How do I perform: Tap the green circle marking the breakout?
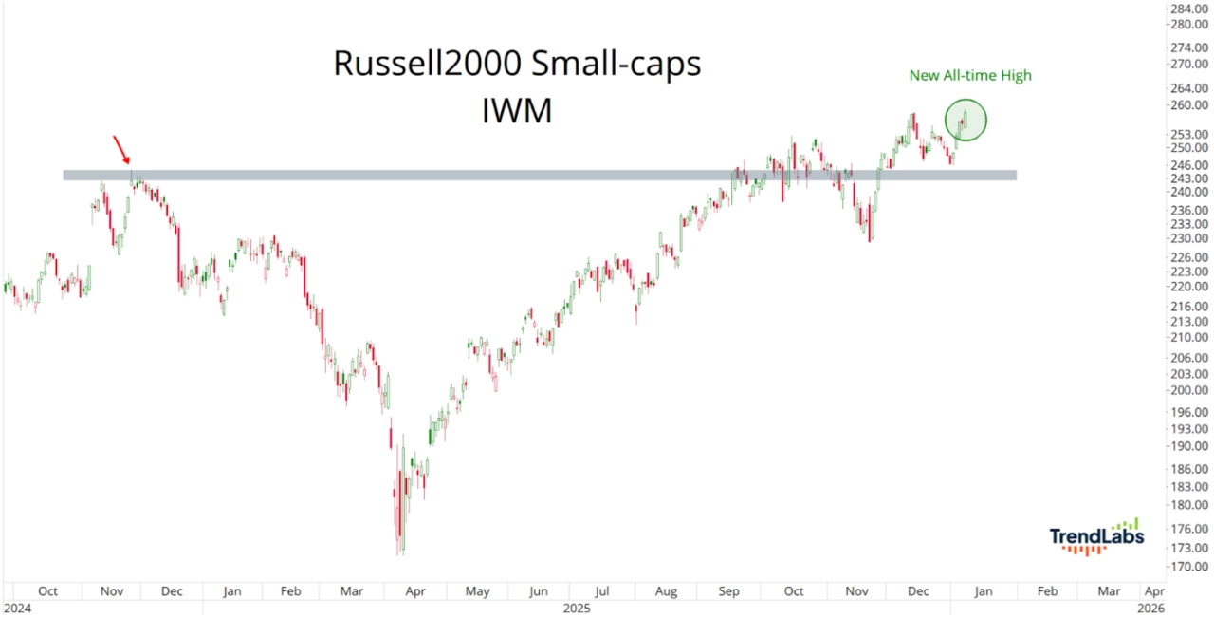(x=966, y=121)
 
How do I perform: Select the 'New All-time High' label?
(x=970, y=75)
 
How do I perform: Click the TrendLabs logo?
(x=1096, y=536)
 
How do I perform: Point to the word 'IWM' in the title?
(x=517, y=110)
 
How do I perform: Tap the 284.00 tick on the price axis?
(x=1188, y=9)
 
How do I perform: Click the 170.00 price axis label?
(x=1188, y=568)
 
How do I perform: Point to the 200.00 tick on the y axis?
(x=1188, y=390)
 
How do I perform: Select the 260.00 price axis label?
(x=1188, y=105)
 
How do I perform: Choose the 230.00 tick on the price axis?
(x=1188, y=238)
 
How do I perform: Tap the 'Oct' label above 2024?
(x=47, y=591)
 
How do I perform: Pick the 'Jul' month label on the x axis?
(x=602, y=591)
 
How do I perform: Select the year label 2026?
(x=1150, y=608)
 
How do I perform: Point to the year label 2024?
(x=17, y=608)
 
